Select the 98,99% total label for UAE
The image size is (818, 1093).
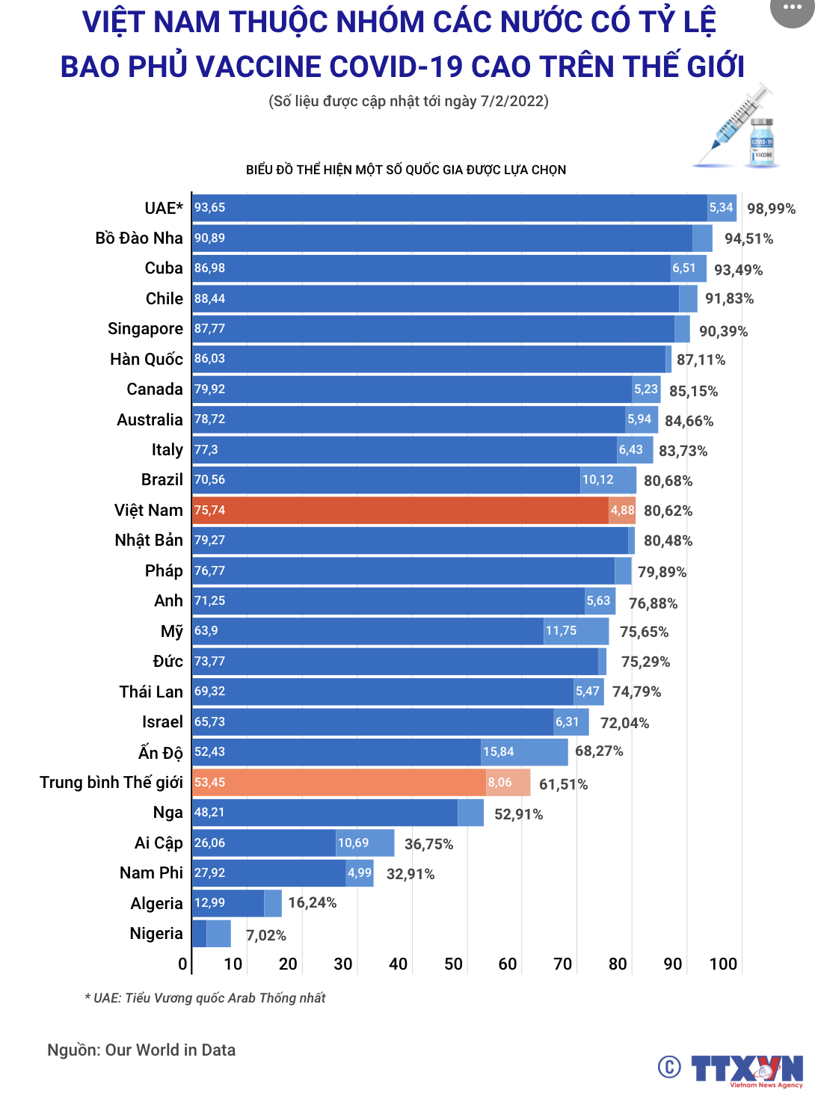point(771,209)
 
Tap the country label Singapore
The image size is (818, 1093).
point(145,329)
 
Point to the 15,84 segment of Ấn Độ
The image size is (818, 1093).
point(523,752)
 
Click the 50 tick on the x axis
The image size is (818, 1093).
point(453,964)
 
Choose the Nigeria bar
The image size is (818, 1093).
point(212,934)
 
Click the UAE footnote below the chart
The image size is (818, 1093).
point(205,998)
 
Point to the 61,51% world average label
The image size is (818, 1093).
point(563,784)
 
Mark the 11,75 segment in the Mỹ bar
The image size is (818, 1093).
point(575,631)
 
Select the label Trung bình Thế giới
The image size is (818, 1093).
point(111,783)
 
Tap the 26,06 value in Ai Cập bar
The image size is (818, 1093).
point(210,843)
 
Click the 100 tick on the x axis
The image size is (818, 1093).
point(723,964)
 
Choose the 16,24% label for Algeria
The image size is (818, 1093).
point(312,902)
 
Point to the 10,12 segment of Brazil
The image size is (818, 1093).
point(606,480)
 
